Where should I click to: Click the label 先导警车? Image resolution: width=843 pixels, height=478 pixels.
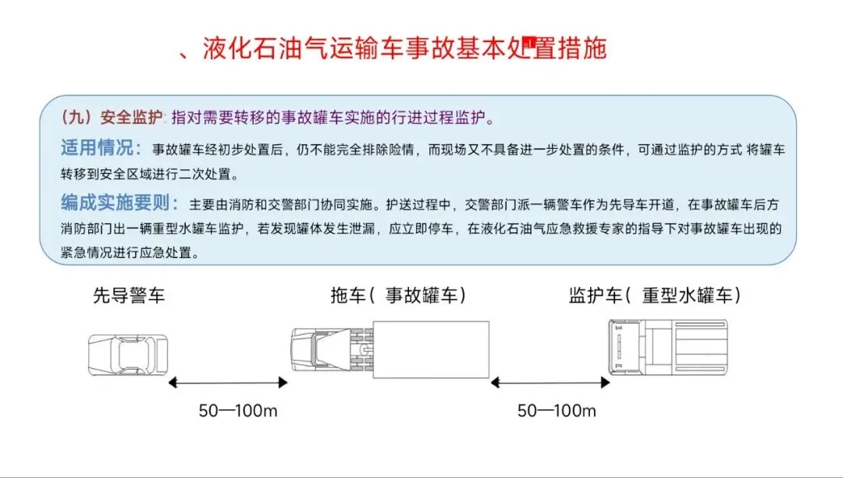129,296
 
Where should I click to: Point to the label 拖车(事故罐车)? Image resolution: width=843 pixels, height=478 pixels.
398,296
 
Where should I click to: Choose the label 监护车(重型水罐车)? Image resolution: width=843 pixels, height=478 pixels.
654,296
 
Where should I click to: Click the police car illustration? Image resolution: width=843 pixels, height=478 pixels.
127,353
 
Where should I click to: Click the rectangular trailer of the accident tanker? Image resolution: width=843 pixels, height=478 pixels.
430,349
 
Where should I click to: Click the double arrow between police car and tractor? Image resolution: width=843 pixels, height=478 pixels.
229,382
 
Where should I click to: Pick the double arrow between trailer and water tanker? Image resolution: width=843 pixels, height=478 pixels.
550,382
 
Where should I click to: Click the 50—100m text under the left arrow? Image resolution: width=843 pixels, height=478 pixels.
238,411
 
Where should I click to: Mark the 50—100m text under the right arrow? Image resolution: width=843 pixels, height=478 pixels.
557,411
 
